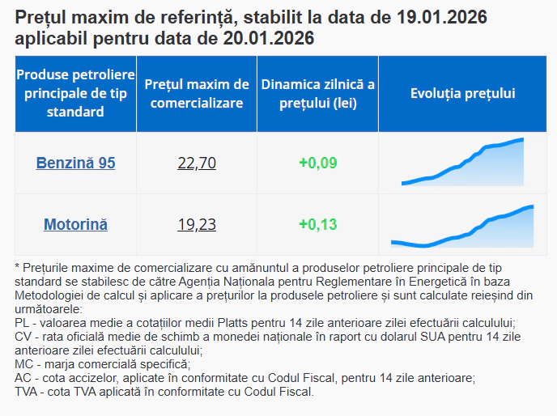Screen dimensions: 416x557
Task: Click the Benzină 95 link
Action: [75, 163]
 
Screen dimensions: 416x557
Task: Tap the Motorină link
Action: [75, 224]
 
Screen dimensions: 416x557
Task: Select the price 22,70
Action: [197, 163]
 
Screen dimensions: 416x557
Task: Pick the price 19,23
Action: [197, 224]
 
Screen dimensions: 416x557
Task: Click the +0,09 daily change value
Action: [317, 163]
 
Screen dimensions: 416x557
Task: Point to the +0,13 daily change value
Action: [317, 224]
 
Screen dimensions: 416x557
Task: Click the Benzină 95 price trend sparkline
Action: [463, 163]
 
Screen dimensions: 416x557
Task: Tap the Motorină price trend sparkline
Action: [463, 227]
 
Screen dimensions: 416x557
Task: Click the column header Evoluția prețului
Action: [463, 94]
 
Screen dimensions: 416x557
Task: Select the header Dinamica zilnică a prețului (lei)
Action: [317, 94]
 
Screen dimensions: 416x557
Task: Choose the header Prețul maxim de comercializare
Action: [197, 94]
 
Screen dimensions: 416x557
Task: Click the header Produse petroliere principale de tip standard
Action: [75, 94]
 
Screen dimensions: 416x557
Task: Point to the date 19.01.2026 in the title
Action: [440, 17]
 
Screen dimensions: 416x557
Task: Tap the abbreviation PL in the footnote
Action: [22, 322]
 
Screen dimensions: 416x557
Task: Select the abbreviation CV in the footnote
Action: [23, 336]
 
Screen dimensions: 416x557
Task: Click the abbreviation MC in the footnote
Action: [23, 364]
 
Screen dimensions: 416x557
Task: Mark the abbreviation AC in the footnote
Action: [23, 378]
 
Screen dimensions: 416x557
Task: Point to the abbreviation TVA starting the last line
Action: [27, 392]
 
